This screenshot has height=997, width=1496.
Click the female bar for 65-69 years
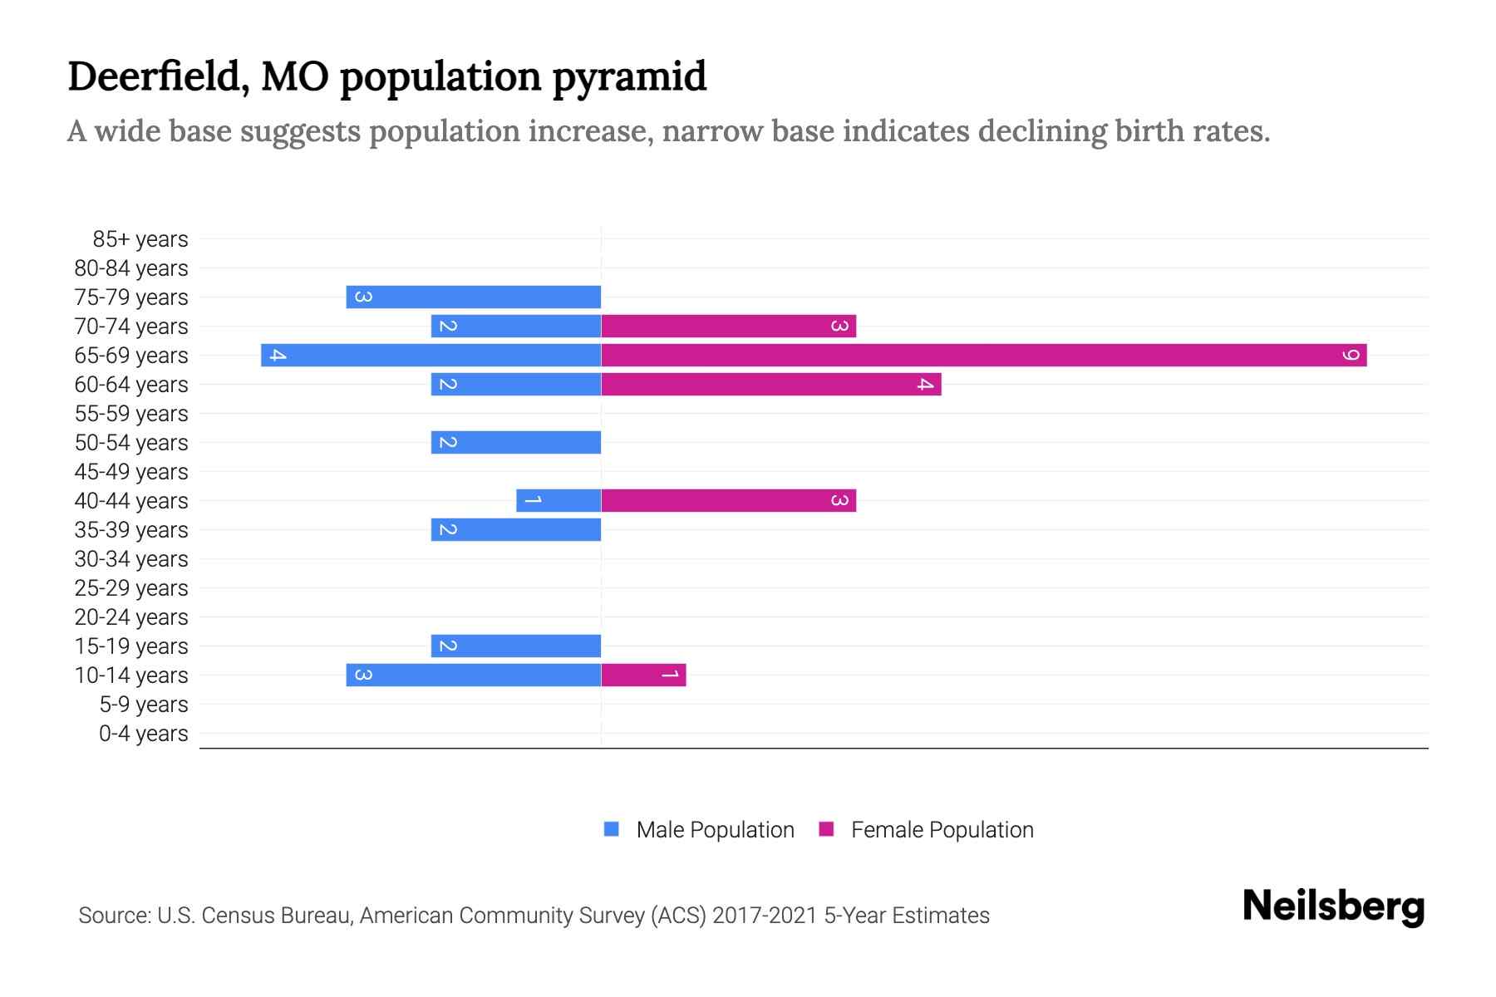click(983, 355)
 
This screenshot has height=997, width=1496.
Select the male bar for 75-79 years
click(474, 297)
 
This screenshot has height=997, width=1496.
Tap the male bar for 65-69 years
click(431, 355)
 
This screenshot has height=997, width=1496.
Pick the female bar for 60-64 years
click(770, 384)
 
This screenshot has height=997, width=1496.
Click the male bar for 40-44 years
click(559, 500)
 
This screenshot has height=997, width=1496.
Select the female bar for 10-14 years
click(643, 675)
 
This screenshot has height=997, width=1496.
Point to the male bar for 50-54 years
click(516, 442)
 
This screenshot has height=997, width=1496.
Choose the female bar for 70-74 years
click(728, 326)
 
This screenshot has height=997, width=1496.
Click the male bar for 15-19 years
click(516, 646)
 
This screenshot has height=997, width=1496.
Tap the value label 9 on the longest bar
click(1351, 356)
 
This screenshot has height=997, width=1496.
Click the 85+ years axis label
click(140, 239)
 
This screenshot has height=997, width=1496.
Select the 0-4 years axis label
click(143, 734)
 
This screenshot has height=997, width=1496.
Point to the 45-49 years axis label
click(131, 472)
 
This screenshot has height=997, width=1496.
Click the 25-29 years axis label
click(131, 588)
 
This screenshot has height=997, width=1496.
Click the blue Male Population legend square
click(612, 829)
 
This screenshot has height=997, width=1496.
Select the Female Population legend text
click(942, 829)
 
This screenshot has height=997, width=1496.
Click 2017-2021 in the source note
click(765, 916)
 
